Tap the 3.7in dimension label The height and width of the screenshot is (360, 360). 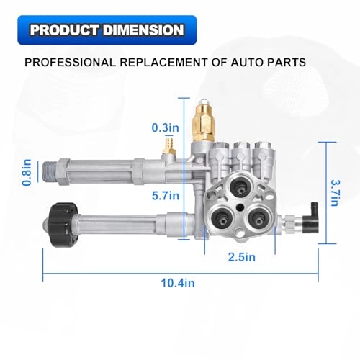pyautogui.click(x=333, y=192)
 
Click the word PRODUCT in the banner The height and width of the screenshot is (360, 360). pyautogui.click(x=63, y=32)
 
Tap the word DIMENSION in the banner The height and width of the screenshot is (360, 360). pyautogui.click(x=143, y=32)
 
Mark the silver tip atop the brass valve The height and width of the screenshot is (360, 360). pyautogui.click(x=207, y=98)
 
